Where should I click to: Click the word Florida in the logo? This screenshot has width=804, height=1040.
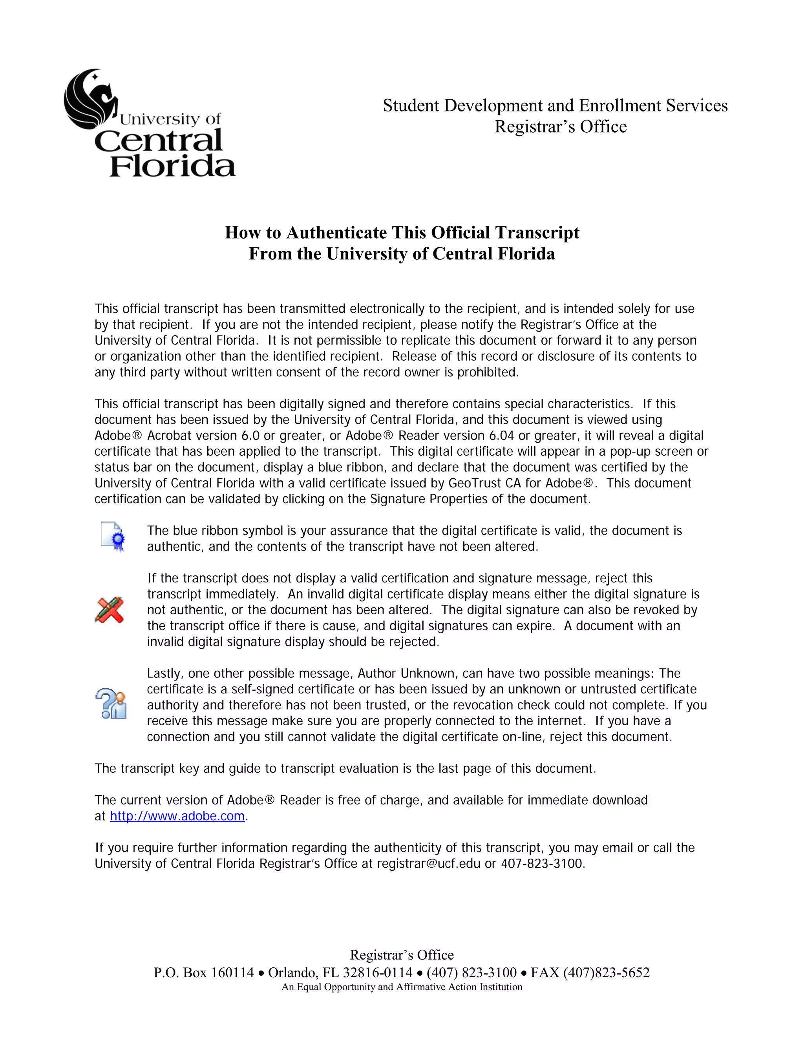[172, 166]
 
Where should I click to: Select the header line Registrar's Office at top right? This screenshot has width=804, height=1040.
[560, 127]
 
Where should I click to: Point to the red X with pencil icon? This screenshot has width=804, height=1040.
[110, 609]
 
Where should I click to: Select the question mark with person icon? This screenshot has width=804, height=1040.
[111, 704]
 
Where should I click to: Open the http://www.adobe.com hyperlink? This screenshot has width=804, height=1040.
[177, 816]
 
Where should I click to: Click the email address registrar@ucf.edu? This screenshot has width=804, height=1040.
[428, 863]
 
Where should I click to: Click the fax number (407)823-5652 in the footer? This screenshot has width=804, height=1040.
[606, 972]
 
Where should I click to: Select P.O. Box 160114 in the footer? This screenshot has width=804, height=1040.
[204, 972]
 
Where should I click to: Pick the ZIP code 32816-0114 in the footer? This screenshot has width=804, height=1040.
[377, 972]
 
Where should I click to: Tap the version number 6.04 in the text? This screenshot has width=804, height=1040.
[502, 436]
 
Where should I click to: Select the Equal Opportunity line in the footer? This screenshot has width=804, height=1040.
[402, 987]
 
